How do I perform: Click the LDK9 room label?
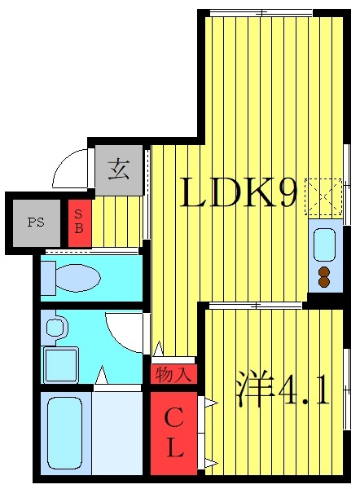(x=238, y=194)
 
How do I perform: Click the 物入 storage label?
(x=173, y=375)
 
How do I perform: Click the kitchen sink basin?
(x=324, y=244)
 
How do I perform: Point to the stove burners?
(x=324, y=277)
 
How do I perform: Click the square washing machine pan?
(x=61, y=364)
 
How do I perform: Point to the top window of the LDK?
(x=261, y=12)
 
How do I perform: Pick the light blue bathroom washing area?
(x=119, y=432)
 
